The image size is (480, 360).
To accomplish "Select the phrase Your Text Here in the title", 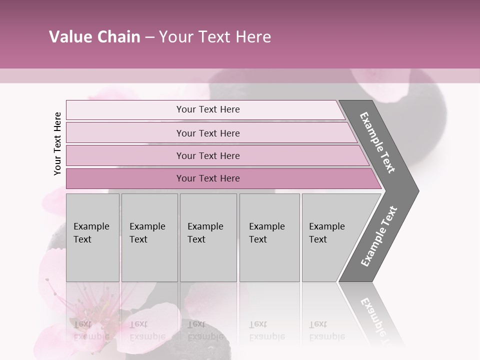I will click(x=215, y=37).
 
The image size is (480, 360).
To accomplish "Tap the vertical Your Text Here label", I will click(x=57, y=143).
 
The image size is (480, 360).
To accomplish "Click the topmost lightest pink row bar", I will click(x=205, y=109).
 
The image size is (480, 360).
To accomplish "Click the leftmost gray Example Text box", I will click(x=92, y=237).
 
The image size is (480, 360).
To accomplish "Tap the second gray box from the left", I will click(x=149, y=237).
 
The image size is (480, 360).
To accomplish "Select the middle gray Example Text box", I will click(x=208, y=237).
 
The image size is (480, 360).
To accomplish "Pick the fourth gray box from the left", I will click(x=269, y=237).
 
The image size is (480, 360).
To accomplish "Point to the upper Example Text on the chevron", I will click(x=377, y=142).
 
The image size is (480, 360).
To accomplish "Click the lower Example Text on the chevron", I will click(x=378, y=236).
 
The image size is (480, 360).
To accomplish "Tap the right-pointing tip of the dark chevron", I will click(x=416, y=190).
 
